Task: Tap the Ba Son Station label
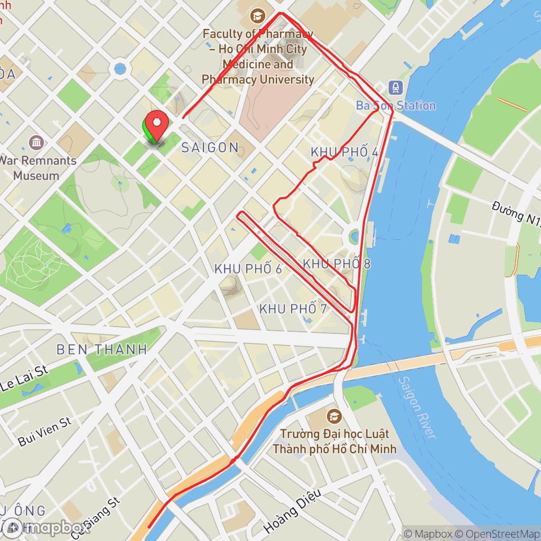[396, 106]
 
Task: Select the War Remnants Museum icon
[36, 143]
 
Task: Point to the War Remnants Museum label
[36, 167]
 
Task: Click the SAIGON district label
[210, 147]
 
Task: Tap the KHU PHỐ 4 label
[344, 152]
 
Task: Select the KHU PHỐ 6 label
[248, 268]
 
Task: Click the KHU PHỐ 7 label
[293, 309]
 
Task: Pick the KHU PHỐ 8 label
[337, 263]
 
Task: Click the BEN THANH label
[101, 349]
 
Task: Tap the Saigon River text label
[417, 407]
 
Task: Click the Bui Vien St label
[44, 431]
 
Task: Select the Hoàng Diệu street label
[292, 510]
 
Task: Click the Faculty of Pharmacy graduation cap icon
[258, 16]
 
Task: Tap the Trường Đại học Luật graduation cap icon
[334, 416]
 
